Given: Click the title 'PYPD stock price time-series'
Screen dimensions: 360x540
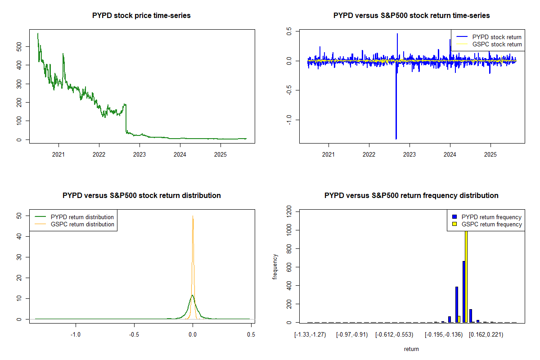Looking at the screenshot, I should click(141, 16).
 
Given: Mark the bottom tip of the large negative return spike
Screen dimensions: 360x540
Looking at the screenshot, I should click(396, 139).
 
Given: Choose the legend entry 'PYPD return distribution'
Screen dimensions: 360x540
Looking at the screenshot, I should click(82, 217).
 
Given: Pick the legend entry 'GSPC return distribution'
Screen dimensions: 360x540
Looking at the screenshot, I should click(82, 224).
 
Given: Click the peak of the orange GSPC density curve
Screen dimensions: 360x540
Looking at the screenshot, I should click(193, 216).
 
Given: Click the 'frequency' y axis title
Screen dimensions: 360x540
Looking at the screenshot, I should click(275, 266).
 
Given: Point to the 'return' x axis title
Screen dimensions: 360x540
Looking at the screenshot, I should click(411, 349).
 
